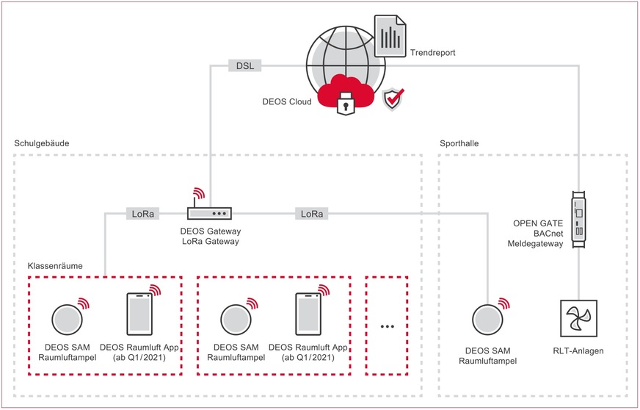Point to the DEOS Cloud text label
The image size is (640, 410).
point(287,102)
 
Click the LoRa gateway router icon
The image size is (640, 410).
point(209,213)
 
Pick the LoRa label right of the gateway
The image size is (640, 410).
point(310,214)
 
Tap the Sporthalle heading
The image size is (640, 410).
point(459,143)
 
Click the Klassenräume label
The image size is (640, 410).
point(54,264)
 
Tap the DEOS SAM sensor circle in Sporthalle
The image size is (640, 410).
point(487,320)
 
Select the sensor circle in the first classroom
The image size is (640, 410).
point(68,320)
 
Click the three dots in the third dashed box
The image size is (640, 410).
point(388,325)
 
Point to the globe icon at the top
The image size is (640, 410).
point(334,55)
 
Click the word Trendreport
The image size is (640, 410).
point(432,54)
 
